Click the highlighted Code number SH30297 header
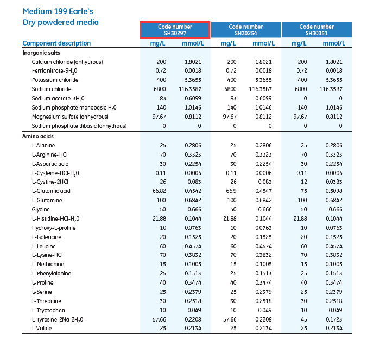point(175,30)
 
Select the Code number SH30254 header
point(246,30)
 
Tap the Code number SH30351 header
point(316,30)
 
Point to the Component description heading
point(56,43)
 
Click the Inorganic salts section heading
point(41,53)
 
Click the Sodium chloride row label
point(52,89)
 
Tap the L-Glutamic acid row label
point(50,191)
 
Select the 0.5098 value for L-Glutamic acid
point(333,191)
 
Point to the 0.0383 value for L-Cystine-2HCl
point(333,182)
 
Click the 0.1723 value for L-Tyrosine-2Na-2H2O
point(333,320)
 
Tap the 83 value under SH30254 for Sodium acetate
point(232,98)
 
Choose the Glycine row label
point(41,209)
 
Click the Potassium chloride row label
point(55,80)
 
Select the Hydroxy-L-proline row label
point(54,228)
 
